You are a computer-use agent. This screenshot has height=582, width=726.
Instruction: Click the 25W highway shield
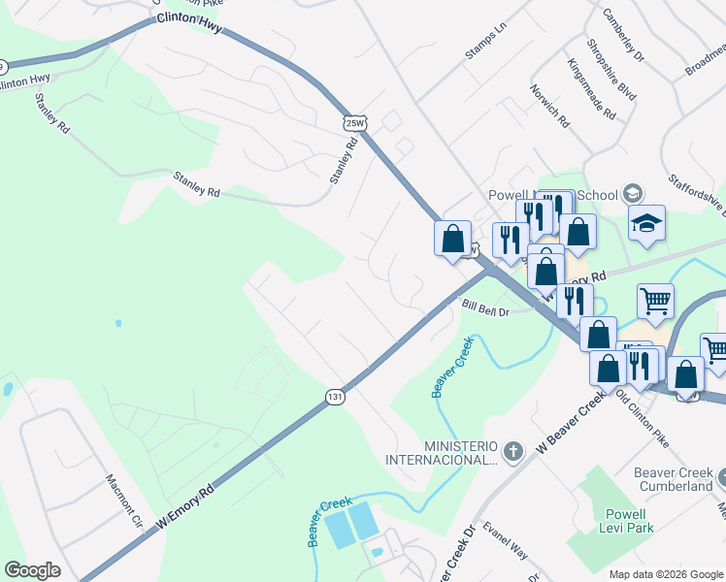[354, 121]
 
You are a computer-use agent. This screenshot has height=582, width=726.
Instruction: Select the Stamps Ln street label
[485, 45]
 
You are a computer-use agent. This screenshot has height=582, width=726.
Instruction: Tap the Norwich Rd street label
[550, 111]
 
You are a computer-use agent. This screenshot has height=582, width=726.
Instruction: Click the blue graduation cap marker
[646, 224]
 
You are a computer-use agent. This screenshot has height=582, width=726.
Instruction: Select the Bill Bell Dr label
[486, 308]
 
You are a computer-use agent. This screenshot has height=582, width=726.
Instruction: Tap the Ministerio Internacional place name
[441, 451]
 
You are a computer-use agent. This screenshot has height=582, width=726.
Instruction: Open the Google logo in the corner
[32, 570]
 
